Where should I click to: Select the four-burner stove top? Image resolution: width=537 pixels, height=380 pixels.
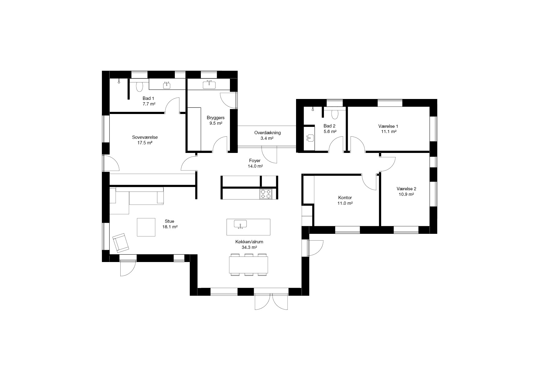click(x=266, y=194)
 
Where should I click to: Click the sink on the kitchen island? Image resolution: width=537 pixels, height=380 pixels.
click(x=240, y=224)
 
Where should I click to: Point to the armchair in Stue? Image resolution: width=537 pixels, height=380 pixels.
click(x=121, y=242)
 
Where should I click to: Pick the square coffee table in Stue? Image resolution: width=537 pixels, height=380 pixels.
click(x=146, y=227)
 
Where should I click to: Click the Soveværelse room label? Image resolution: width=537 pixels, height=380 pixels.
click(x=145, y=137)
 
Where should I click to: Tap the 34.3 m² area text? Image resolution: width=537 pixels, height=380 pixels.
click(x=249, y=247)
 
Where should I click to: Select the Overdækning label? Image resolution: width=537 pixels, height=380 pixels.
click(x=267, y=133)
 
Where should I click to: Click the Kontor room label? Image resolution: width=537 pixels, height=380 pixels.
click(x=345, y=198)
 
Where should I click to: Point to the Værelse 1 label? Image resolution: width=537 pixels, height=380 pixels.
click(x=388, y=126)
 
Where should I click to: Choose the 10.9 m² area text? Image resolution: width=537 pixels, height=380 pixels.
click(x=406, y=194)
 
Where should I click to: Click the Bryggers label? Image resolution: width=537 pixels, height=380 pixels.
click(x=216, y=118)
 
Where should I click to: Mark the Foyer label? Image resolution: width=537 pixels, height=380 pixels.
click(x=255, y=161)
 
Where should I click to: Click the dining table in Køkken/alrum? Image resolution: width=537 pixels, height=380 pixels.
click(x=249, y=265)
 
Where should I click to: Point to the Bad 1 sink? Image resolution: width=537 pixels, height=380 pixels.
click(x=167, y=85)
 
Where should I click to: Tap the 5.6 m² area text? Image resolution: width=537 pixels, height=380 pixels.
click(x=330, y=131)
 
